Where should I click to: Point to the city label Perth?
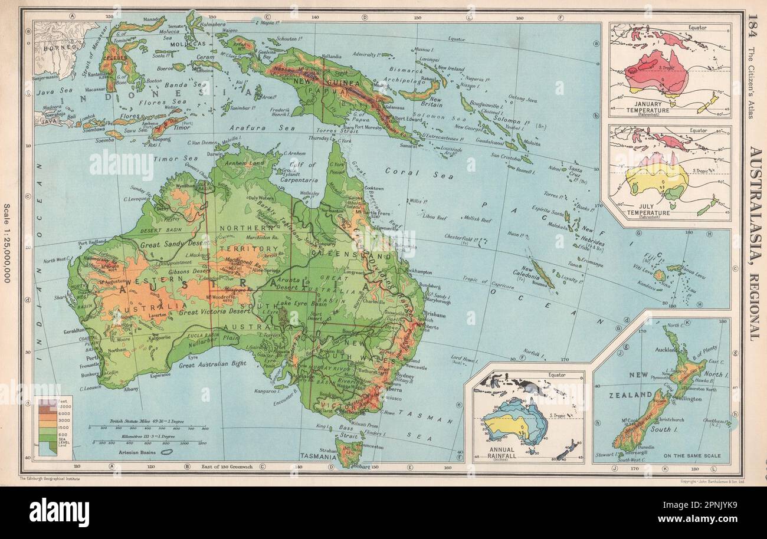pyautogui.click(x=93, y=358)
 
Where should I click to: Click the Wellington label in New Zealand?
pyautogui.click(x=684, y=399)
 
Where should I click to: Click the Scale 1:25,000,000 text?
pyautogui.click(x=7, y=242)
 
